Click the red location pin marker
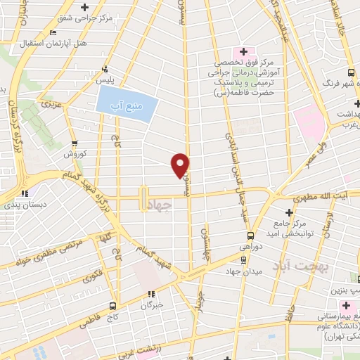click(x=181, y=165)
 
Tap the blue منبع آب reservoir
click(x=125, y=104)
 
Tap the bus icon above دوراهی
click(x=250, y=237)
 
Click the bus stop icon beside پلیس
click(x=105, y=70)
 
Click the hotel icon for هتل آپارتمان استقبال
click(x=54, y=32)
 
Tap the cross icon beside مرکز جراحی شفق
click(x=85, y=8)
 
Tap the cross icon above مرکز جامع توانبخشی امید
click(x=288, y=212)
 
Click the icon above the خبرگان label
click(x=150, y=294)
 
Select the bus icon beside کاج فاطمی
click(x=112, y=305)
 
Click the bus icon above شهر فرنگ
click(x=351, y=73)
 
